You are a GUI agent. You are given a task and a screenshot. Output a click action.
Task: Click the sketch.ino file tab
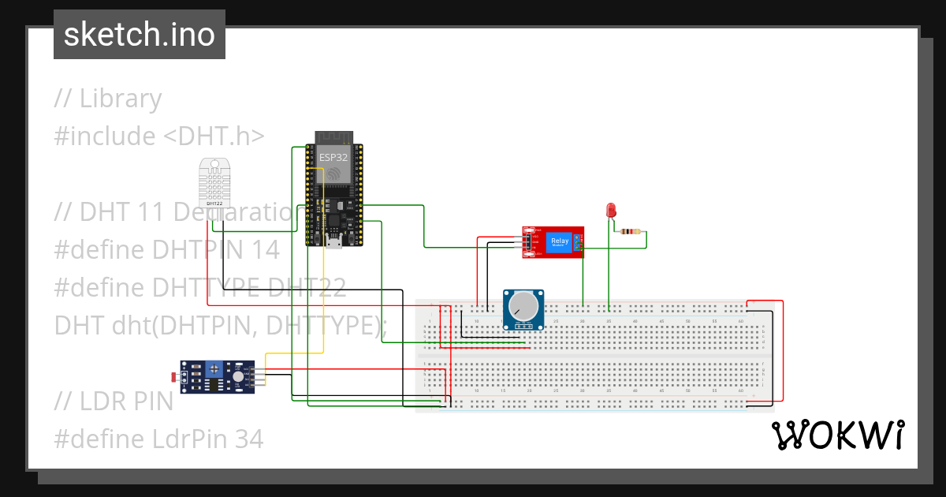140,35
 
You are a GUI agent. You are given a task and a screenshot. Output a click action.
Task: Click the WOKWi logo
836,435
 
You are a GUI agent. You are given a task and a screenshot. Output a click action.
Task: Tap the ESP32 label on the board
333,157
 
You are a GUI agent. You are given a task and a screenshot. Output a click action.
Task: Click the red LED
610,210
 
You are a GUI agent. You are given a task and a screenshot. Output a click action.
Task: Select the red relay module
553,242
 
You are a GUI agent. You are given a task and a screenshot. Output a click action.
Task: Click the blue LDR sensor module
218,376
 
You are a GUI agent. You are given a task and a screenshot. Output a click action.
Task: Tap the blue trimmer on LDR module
213,368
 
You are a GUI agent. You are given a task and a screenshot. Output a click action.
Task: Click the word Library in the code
121,99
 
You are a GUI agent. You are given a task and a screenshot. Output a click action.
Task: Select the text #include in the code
105,136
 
